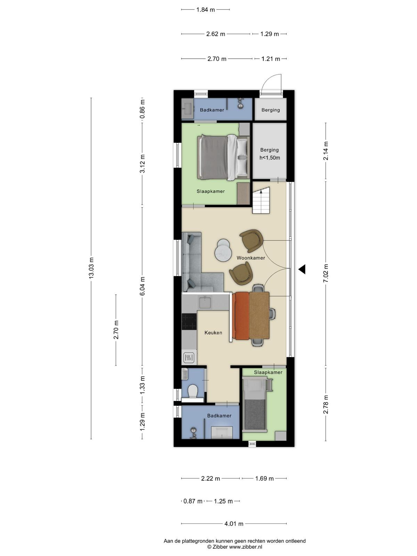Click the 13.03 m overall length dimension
click(91, 268)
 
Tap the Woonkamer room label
click(251, 258)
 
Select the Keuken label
click(213, 333)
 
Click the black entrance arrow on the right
click(302, 269)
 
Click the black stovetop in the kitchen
click(189, 321)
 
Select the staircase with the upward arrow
click(261, 200)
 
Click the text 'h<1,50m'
click(270, 158)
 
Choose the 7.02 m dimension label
click(326, 273)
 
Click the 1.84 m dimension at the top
click(205, 10)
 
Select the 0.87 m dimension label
click(193, 501)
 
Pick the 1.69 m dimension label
click(264, 479)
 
